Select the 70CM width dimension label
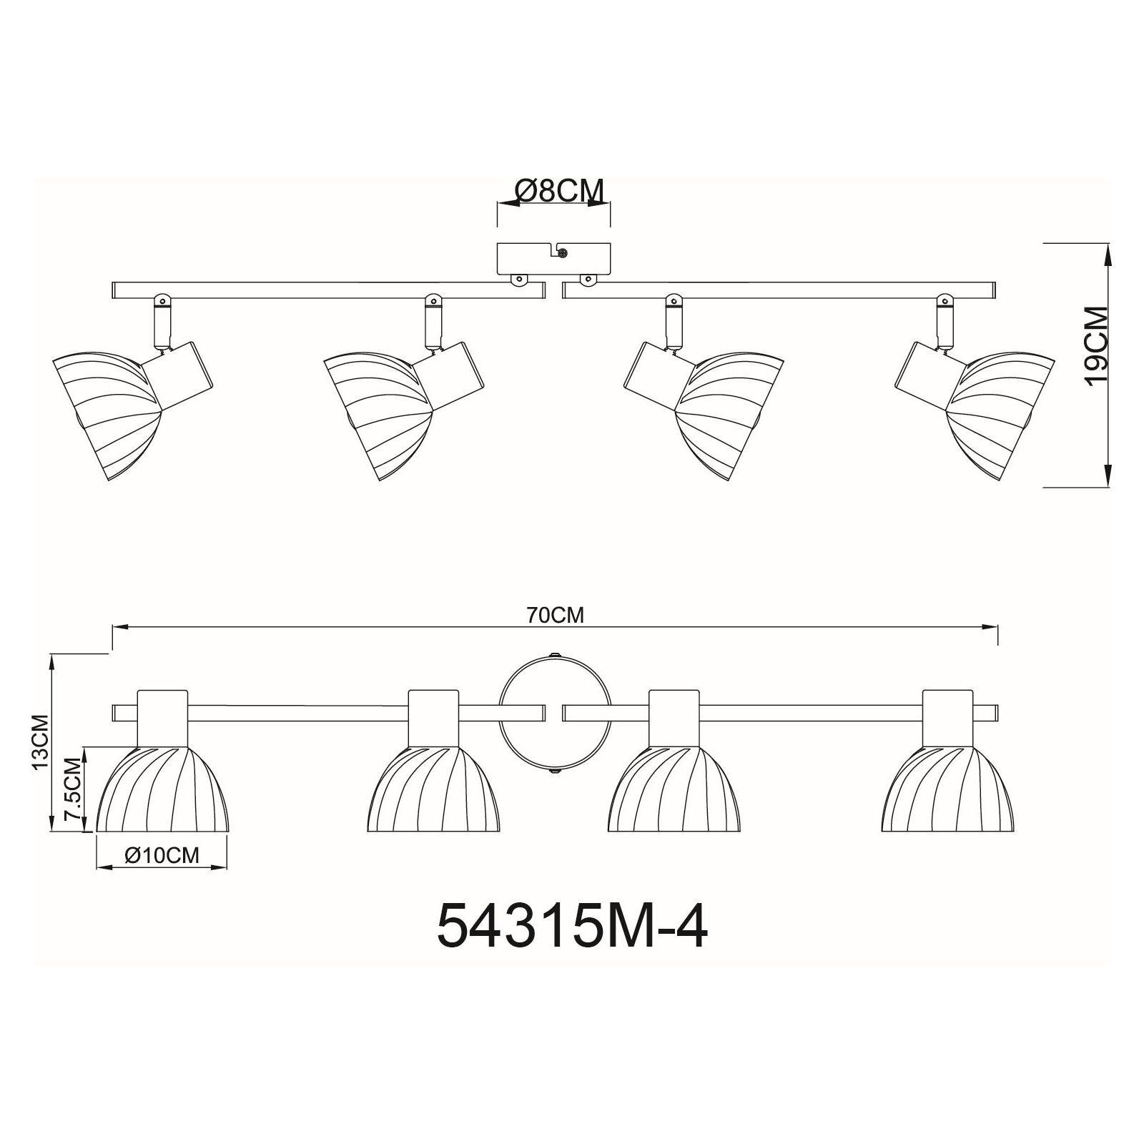pos(556,616)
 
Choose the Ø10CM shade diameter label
pos(162,855)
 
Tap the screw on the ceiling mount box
pos(563,252)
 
